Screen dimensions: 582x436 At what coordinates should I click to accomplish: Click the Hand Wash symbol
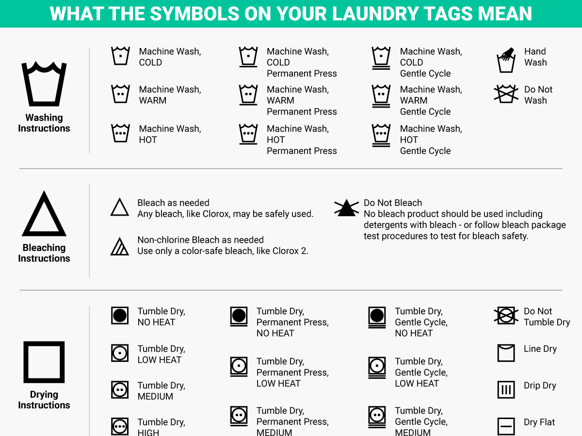click(506, 60)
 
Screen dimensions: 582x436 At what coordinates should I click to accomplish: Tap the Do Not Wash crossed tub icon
click(506, 93)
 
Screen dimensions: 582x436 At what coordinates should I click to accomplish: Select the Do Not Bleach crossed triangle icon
click(346, 208)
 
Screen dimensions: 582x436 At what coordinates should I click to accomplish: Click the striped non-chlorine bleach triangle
click(120, 247)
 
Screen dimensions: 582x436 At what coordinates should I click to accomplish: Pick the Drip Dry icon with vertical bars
click(506, 389)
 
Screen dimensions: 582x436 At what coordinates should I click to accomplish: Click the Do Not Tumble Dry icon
click(506, 315)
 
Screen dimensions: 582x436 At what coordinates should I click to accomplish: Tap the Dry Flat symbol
click(506, 426)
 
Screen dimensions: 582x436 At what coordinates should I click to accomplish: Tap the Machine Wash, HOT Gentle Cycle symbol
click(381, 135)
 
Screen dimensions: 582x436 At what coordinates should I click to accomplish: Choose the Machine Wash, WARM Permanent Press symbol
click(248, 95)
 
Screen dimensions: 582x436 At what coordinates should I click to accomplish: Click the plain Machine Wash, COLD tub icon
click(120, 56)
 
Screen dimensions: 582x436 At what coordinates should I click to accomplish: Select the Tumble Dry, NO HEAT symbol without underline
click(120, 315)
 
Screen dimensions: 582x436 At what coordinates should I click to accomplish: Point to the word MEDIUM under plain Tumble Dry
click(155, 396)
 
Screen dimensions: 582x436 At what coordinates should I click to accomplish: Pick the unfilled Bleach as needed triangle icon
click(120, 207)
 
